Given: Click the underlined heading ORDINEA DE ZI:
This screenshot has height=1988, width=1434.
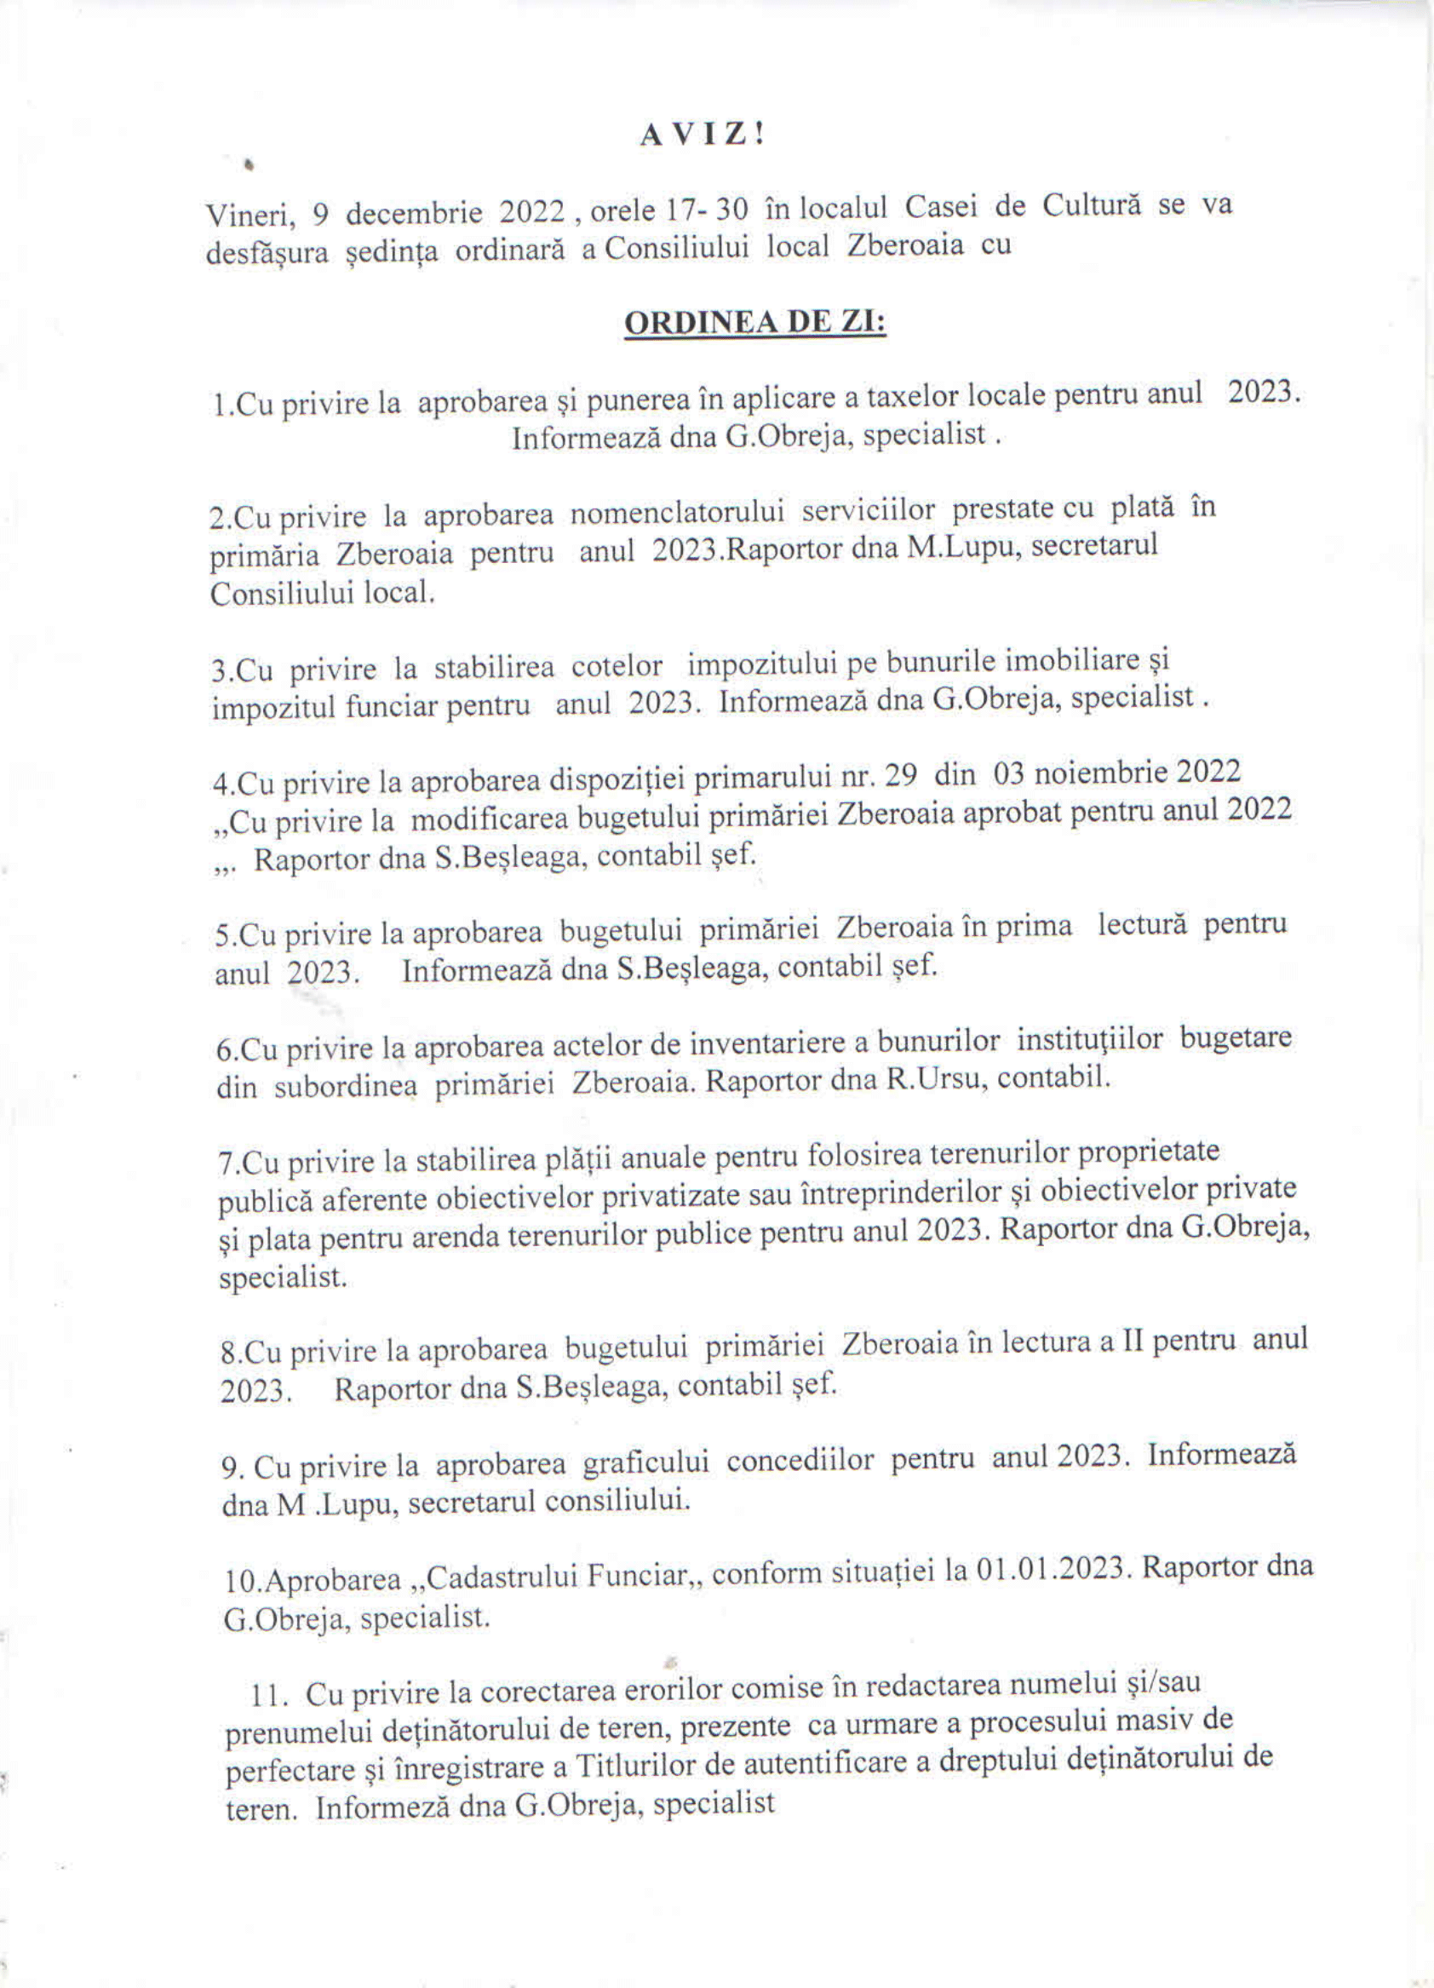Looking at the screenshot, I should pos(754,323).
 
